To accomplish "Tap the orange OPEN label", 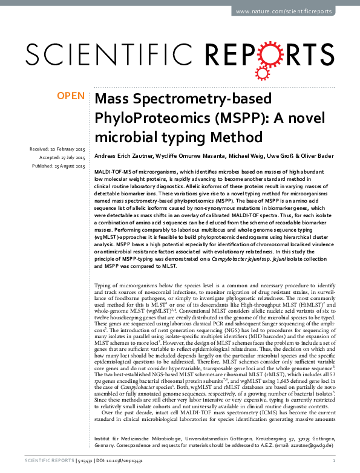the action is [70, 96].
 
